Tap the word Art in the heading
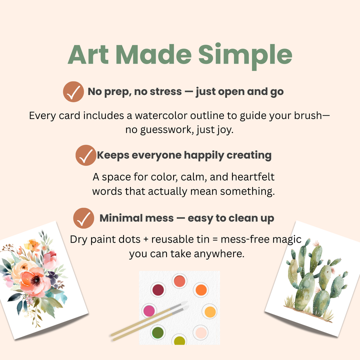click(x=89, y=55)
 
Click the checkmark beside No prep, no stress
click(x=73, y=92)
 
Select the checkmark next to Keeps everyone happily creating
click(x=85, y=155)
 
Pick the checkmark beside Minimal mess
click(x=84, y=218)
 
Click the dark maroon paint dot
click(x=158, y=289)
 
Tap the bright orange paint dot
click(x=200, y=289)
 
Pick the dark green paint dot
click(x=158, y=332)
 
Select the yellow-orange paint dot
click(x=210, y=311)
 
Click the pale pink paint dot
click(x=200, y=332)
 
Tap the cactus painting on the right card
click(x=312, y=280)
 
